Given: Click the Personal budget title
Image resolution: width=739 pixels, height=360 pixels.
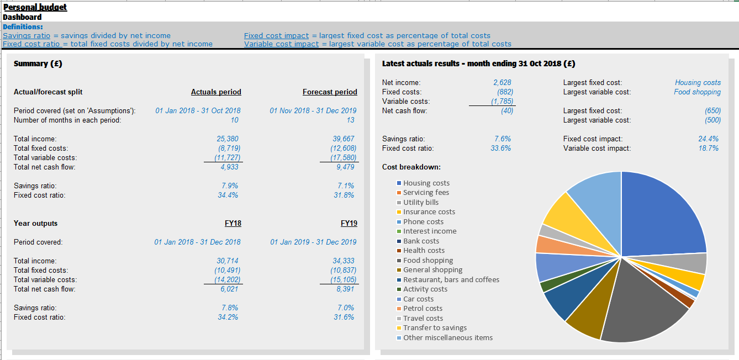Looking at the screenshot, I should tap(35, 7).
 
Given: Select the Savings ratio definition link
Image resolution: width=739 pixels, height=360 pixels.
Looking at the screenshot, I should tap(27, 35).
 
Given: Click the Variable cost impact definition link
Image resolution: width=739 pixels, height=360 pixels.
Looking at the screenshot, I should tap(281, 44).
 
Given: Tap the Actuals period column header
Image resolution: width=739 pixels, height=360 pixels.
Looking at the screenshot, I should tap(216, 92).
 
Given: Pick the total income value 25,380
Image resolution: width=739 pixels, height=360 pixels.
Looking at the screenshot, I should tap(228, 139).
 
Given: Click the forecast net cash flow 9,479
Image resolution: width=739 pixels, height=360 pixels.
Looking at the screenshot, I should tap(345, 167).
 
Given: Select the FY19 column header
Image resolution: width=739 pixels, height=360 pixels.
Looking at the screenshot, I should tap(349, 223).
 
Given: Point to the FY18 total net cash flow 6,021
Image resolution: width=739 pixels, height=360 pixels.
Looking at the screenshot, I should tap(229, 289).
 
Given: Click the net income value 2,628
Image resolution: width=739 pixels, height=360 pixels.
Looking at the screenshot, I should tap(502, 82).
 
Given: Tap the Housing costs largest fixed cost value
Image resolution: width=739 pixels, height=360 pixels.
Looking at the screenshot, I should tap(698, 82).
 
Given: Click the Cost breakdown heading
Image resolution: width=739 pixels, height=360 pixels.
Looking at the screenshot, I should tap(411, 167).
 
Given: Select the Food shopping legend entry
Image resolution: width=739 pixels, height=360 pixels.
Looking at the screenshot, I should tap(427, 260).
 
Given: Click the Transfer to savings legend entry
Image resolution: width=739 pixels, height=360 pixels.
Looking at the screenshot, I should tap(435, 327).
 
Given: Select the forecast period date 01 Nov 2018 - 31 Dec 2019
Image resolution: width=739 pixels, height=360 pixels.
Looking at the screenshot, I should tap(313, 110).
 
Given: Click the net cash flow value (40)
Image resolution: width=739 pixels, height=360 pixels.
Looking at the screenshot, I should tap(506, 110).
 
